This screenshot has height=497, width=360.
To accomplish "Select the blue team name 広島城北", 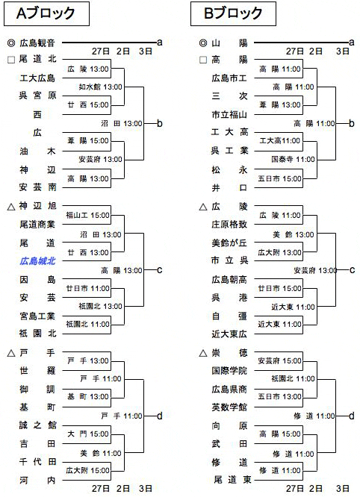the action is click(x=37, y=261).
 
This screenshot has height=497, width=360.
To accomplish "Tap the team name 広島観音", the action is click(x=37, y=43).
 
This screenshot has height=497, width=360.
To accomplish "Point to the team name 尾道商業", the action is click(x=37, y=225).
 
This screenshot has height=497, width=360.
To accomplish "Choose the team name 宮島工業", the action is click(x=37, y=316).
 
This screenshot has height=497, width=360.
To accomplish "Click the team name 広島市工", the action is click(x=229, y=78).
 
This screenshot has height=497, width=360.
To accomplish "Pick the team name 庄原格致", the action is click(x=229, y=225).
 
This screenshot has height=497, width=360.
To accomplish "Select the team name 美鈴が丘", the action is click(x=229, y=243).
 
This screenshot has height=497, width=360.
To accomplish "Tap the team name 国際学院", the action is click(x=229, y=371).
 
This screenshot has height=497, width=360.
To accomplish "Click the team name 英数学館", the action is click(x=229, y=407).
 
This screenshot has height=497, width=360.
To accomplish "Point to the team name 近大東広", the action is click(x=229, y=334).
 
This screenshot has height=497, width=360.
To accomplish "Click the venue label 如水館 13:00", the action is click(x=101, y=87).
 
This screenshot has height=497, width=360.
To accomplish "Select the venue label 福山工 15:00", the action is click(x=88, y=216).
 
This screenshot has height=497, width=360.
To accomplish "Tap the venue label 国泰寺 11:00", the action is click(x=293, y=159).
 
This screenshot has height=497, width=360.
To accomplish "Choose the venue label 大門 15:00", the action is click(x=88, y=434).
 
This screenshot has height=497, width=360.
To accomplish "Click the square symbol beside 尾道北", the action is click(x=11, y=60).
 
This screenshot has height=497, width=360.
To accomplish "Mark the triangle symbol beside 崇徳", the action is click(x=203, y=353).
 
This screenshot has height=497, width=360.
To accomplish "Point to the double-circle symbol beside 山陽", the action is click(x=203, y=43).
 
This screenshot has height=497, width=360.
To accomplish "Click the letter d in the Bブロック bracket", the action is click(x=352, y=416).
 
